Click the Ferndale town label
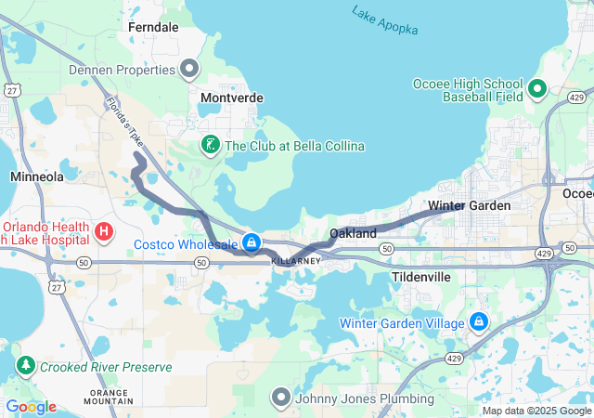pyautogui.click(x=153, y=28)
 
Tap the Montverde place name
pyautogui.click(x=232, y=98)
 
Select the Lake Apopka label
pyautogui.click(x=384, y=20)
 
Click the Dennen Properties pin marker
pyautogui.click(x=190, y=69)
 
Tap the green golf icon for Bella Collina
pyautogui.click(x=211, y=145)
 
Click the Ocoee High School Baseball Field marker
pyautogui.click(x=537, y=89)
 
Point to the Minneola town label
pyautogui.click(x=36, y=176)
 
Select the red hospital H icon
pyautogui.click(x=104, y=230)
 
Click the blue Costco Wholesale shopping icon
pyautogui.click(x=251, y=243)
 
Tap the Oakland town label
pyautogui.click(x=354, y=233)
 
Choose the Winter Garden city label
pyautogui.click(x=470, y=205)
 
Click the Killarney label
pyautogui.click(x=296, y=262)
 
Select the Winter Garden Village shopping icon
pyautogui.click(x=479, y=322)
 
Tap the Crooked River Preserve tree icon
pyautogui.click(x=25, y=366)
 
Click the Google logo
pyautogui.click(x=32, y=407)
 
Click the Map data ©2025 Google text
pyautogui.click(x=536, y=411)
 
